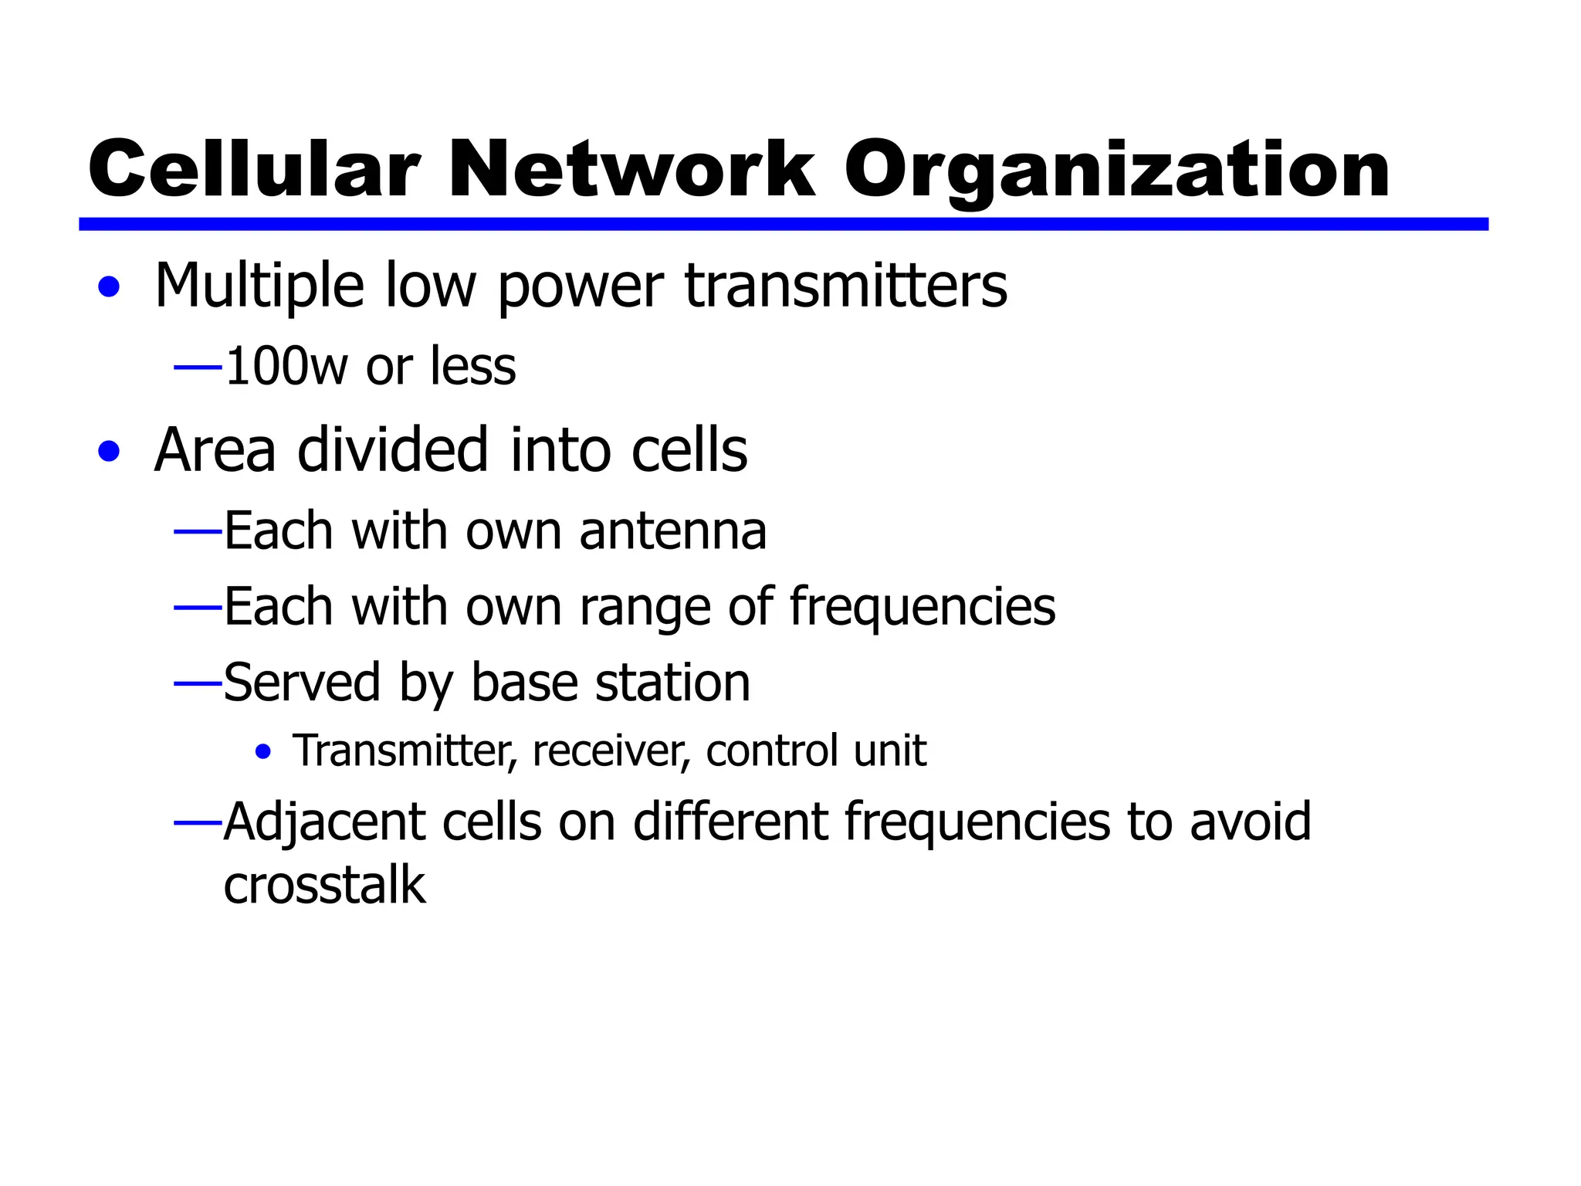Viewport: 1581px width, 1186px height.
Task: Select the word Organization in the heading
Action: coord(1116,171)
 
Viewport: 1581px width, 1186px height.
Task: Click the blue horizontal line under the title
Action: coord(783,224)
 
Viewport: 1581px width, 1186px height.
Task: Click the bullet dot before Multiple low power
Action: coord(110,287)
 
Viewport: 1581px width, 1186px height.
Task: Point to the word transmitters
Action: coord(845,286)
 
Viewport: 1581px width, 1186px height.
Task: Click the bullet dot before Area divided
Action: coord(110,451)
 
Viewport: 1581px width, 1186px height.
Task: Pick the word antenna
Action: coord(672,531)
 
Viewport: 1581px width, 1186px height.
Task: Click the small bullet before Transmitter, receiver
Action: coord(263,751)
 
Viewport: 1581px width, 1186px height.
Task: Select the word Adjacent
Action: coord(324,822)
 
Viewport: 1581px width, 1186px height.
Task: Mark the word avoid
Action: coord(1250,822)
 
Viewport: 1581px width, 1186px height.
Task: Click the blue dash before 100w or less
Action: coord(198,368)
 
